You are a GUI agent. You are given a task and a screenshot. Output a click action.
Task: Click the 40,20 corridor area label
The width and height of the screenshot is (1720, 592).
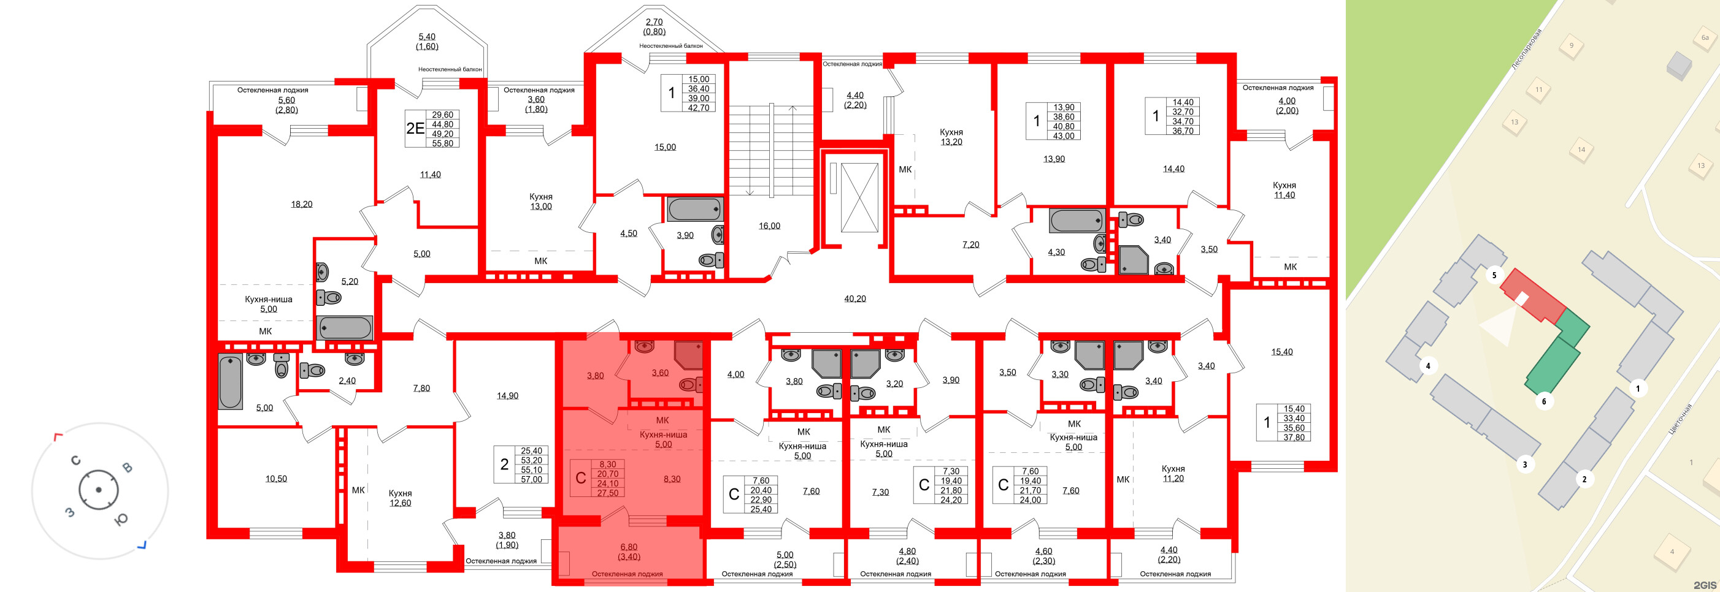pos(854,299)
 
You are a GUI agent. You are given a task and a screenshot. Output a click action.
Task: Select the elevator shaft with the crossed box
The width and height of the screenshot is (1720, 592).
pos(859,197)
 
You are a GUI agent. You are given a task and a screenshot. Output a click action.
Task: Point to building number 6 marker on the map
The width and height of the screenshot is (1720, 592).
pos(1544,402)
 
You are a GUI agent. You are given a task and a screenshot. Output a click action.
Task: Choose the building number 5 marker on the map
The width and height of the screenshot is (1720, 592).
pos(1494,275)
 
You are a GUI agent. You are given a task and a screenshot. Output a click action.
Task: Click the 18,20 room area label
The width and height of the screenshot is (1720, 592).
pos(301,204)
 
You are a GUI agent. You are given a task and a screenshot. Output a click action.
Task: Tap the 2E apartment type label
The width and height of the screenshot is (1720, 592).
pos(415,128)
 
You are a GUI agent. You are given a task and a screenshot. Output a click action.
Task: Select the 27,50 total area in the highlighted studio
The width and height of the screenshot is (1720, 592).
pos(608,493)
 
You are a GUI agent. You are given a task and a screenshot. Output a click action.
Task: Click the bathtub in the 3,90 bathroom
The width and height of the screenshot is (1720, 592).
pos(694,210)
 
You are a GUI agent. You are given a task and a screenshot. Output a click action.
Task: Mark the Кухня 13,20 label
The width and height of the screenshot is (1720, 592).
pos(951,137)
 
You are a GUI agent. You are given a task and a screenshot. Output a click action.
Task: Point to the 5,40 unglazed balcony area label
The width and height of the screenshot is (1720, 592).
pos(427,37)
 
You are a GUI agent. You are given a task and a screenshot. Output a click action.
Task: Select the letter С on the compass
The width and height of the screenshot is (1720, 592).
pos(75,460)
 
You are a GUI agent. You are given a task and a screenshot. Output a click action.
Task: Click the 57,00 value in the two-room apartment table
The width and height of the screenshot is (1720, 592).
pos(531,479)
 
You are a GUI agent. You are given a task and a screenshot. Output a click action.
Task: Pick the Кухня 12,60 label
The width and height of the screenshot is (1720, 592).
pos(400,498)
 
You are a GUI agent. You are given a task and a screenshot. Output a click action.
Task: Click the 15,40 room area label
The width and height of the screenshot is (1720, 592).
pos(1281,352)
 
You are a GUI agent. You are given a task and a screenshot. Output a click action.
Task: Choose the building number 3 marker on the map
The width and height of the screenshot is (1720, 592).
pos(1525,465)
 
